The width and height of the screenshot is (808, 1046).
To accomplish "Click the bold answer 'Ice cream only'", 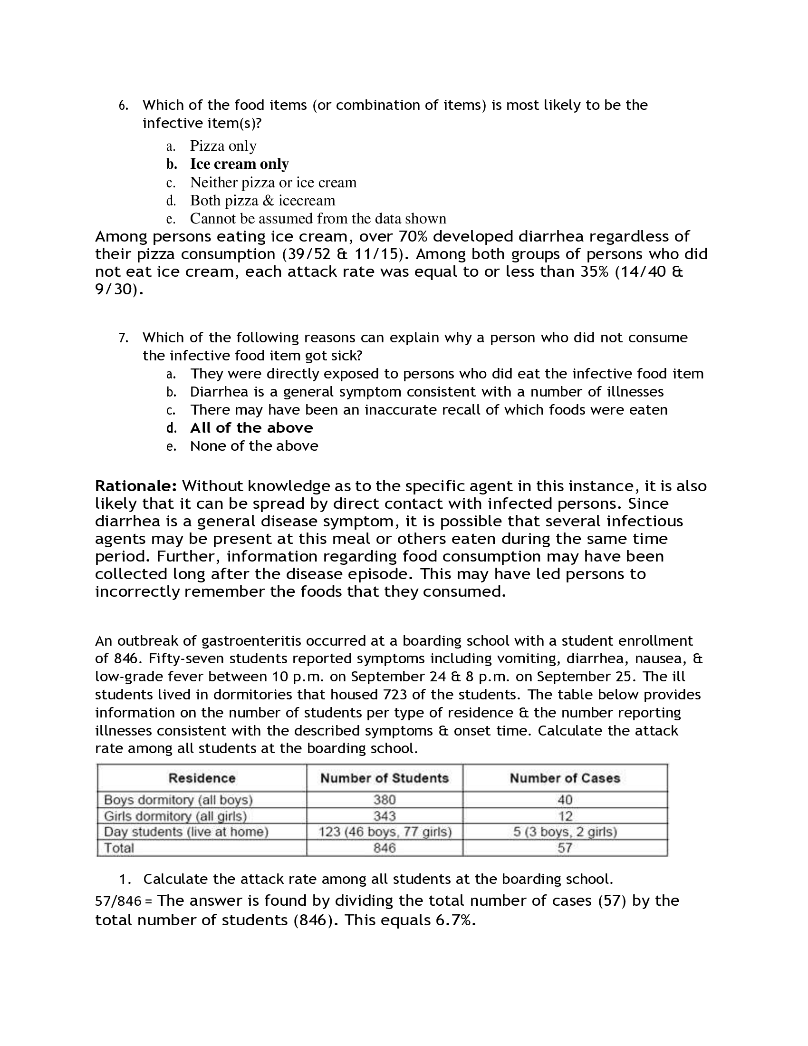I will [x=239, y=164].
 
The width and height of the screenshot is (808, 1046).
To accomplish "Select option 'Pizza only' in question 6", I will [x=223, y=145].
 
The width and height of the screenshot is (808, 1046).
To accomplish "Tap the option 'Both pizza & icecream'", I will [x=262, y=200].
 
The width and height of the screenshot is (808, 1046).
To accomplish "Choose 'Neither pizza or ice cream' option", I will [x=273, y=182].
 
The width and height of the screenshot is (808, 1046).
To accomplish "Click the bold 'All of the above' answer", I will [x=251, y=428].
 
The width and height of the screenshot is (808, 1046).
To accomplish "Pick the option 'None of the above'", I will [x=254, y=446].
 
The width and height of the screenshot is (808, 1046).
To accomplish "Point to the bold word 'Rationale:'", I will [x=136, y=485].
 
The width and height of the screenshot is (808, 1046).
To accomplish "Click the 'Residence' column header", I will [x=202, y=778].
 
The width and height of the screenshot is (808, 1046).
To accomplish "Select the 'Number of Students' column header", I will [x=385, y=778].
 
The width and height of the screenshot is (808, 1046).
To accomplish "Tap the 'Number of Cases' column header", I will [x=565, y=778].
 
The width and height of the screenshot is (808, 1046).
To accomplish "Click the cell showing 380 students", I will [x=385, y=800].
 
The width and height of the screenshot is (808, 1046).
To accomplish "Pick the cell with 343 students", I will [x=385, y=815].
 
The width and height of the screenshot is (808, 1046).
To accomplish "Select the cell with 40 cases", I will [x=565, y=800].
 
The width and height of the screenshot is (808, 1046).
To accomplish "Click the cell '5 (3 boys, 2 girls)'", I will [x=565, y=832].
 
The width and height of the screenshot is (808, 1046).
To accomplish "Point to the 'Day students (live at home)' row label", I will [x=186, y=832].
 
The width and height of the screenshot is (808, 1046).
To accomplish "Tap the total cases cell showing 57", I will [x=565, y=848].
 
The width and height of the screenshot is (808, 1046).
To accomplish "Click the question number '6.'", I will [x=124, y=106].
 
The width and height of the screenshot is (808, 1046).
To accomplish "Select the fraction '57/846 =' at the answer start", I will [x=123, y=901].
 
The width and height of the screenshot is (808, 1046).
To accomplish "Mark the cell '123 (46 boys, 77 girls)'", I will [x=385, y=832].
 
